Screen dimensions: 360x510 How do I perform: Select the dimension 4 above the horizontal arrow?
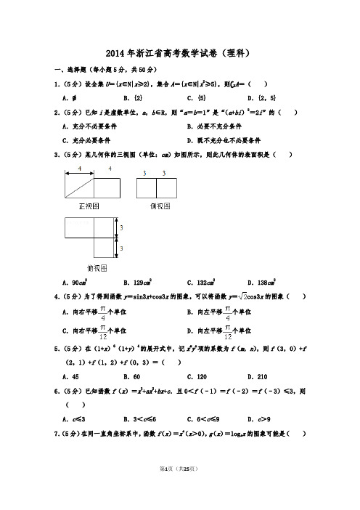[79, 169]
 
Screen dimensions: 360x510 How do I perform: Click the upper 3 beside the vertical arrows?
[121, 227]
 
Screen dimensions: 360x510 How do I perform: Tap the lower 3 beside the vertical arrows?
[121, 249]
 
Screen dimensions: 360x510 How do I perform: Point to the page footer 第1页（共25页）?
[179, 492]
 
